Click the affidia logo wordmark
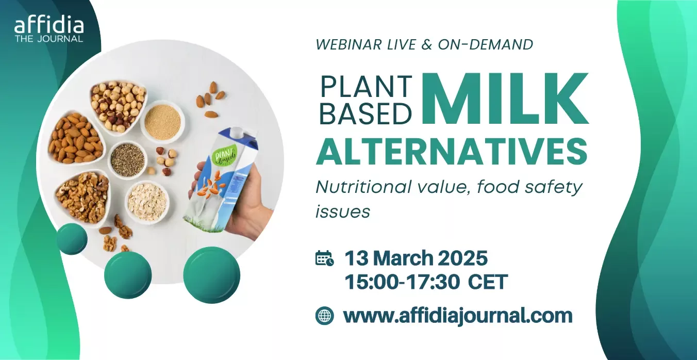49,26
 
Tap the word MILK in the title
505,99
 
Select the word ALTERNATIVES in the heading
452,152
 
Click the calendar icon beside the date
325,258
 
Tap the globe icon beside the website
325,316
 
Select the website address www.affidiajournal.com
458,316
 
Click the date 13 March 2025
416,258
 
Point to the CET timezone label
488,282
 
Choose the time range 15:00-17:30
402,282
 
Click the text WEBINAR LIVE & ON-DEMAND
424,44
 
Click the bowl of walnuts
82,197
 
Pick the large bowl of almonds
76,139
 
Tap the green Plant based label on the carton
224,155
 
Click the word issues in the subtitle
343,212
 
